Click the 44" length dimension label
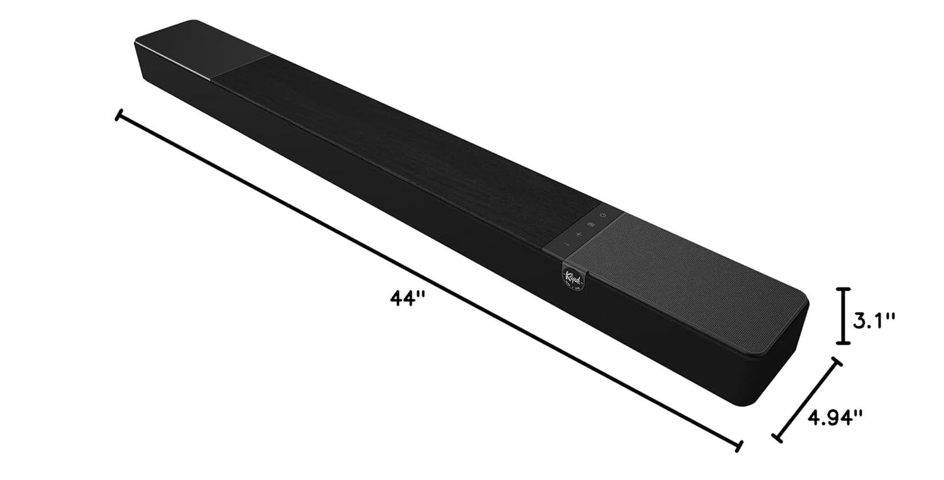[408, 298]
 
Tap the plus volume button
[579, 234]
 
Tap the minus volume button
[566, 244]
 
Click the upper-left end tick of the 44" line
[118, 116]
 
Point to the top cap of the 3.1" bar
[844, 289]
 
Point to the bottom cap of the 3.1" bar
[844, 342]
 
